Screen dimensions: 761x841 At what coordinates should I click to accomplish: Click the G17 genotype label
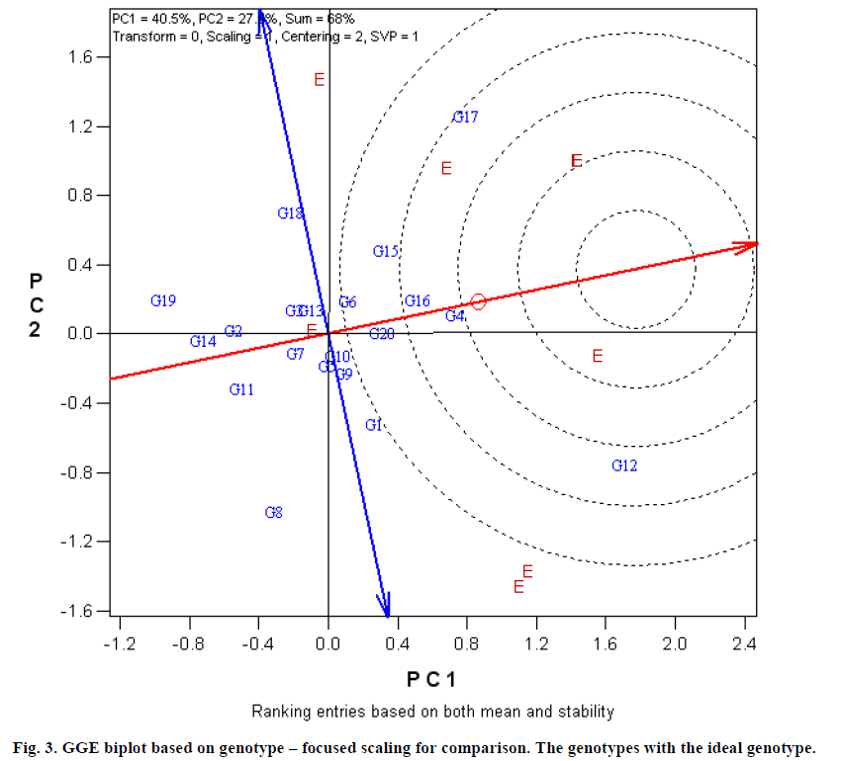click(466, 117)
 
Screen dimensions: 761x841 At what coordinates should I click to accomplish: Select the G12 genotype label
click(624, 465)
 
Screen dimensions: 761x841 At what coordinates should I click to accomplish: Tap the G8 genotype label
click(274, 512)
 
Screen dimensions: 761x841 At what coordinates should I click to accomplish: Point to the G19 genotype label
click(163, 300)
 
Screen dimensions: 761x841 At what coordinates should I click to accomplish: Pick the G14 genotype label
click(203, 341)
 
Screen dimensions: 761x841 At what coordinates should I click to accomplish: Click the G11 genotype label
click(241, 389)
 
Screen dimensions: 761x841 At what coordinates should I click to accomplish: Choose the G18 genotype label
click(290, 212)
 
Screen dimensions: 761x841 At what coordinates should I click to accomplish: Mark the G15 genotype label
click(385, 251)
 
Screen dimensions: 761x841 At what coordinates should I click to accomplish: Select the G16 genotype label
click(417, 300)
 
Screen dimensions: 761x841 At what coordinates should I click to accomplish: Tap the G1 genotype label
click(373, 425)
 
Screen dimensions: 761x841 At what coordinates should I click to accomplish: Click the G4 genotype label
click(454, 316)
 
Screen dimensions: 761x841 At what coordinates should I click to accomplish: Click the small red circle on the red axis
click(478, 301)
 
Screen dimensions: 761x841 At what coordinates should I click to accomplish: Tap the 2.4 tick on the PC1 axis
click(745, 643)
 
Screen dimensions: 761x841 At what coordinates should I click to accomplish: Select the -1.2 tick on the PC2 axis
click(88, 542)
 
